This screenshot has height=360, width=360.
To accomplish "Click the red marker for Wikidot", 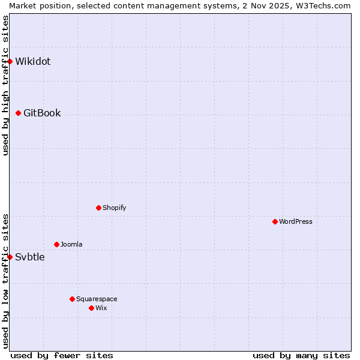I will tap(10, 61).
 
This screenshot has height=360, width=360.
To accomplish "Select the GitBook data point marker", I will tap(18, 113).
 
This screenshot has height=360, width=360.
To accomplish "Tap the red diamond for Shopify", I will tap(98, 208).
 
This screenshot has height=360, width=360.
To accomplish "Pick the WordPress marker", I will tap(275, 221).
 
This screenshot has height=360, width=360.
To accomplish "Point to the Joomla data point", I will tap(56, 244).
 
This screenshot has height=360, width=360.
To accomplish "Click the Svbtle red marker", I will tap(10, 257).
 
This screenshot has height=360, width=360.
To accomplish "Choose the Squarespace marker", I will tap(72, 299).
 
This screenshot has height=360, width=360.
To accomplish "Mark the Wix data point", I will tap(91, 308).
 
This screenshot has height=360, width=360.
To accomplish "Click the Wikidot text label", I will tap(32, 61).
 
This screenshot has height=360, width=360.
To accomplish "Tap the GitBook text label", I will tap(42, 113).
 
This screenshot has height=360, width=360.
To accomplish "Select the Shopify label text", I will tap(114, 208).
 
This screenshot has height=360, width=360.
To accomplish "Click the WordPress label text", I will tap(296, 221).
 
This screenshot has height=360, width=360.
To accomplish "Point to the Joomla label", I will tap(71, 244).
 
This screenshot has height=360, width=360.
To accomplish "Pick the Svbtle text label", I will tap(30, 257).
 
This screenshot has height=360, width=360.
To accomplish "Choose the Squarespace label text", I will tap(97, 299).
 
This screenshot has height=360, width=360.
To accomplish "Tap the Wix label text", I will tap(101, 308).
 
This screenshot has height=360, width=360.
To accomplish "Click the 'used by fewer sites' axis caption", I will tap(62, 355).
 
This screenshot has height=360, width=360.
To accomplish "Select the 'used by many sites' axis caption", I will tap(301, 355).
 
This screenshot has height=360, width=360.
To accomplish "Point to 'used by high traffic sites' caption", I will tap(5, 85).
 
